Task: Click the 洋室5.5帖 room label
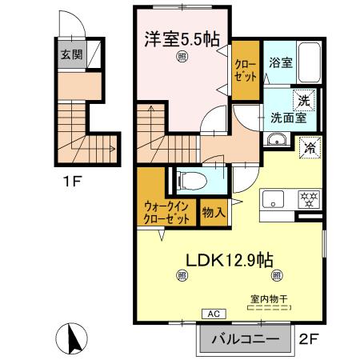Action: [182, 38]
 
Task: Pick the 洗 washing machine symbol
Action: [304, 100]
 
